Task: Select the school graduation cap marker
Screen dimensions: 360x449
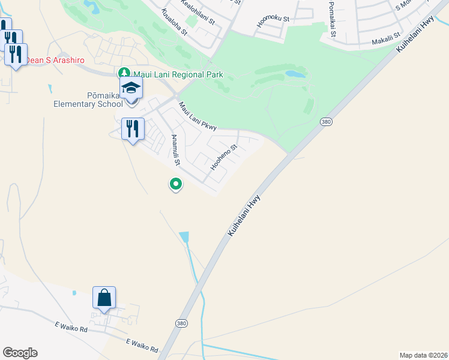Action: point(131,89)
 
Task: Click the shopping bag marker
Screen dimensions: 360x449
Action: point(104,298)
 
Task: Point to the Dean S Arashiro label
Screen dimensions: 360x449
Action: point(55,61)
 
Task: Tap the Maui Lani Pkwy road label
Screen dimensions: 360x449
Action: point(197,115)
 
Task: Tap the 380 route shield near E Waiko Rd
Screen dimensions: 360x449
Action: point(181,323)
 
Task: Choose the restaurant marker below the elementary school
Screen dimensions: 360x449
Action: point(133,128)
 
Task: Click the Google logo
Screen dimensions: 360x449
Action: point(20,353)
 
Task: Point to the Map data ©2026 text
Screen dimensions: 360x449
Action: point(423,355)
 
